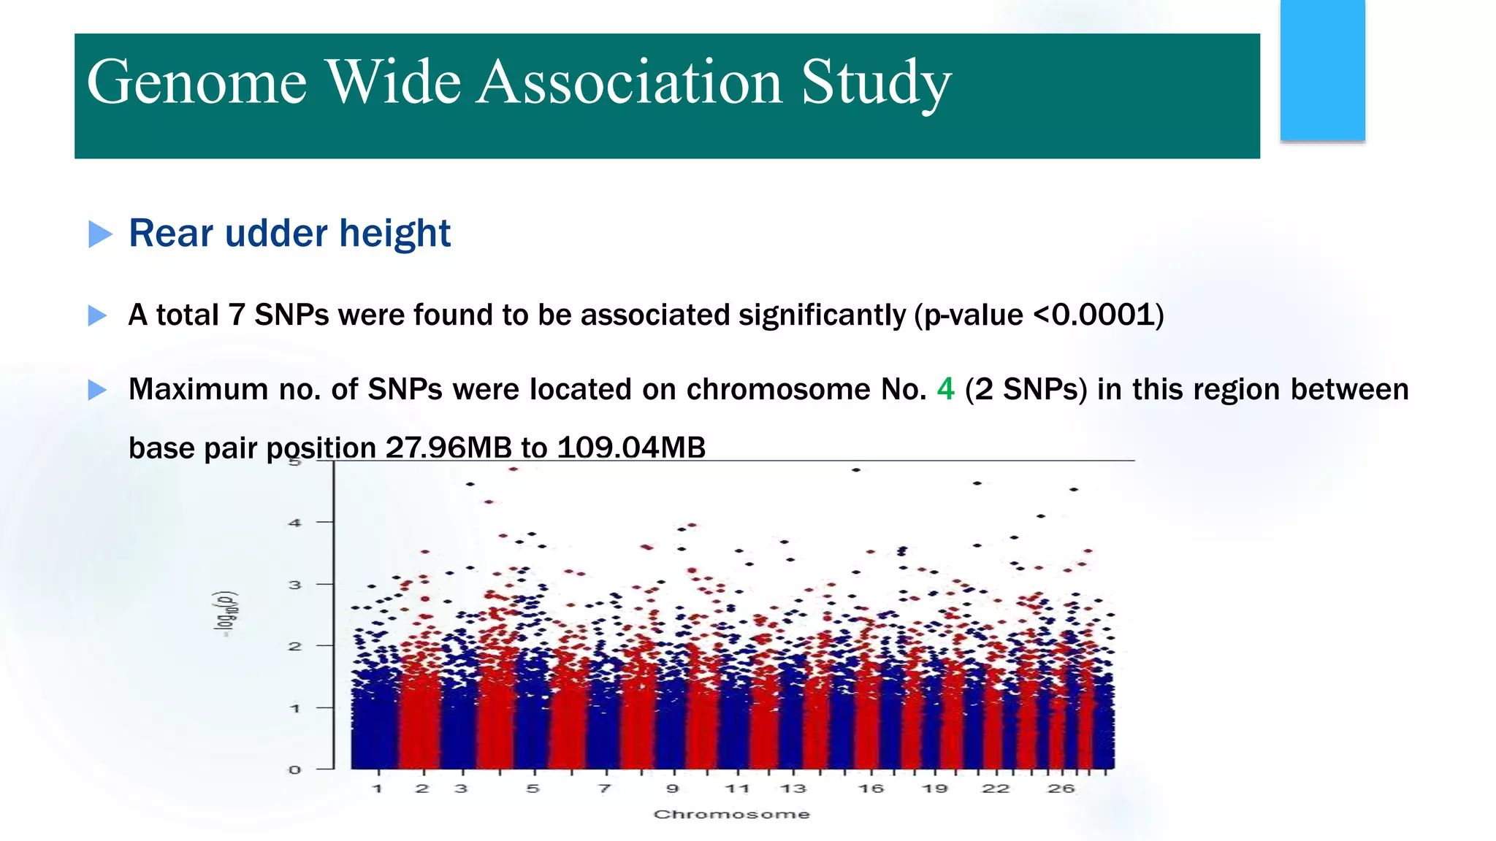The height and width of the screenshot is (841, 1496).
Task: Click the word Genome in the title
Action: [196, 82]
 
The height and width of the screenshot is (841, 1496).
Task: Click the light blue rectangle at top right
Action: [1322, 70]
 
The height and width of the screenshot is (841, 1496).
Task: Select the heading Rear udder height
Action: [289, 234]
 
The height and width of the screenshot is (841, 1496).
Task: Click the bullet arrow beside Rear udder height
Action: [100, 234]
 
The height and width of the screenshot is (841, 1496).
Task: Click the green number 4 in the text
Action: [945, 389]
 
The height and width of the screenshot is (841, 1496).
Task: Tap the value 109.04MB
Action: [631, 448]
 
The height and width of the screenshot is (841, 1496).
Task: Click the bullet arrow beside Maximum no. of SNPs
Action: [97, 390]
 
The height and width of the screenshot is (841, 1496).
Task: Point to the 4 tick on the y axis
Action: [295, 523]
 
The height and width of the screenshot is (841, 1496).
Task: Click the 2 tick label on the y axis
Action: [295, 646]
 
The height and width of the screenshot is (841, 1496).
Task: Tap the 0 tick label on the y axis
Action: [295, 769]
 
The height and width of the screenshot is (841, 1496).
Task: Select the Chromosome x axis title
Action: [731, 814]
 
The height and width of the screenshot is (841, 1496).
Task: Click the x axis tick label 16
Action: [871, 788]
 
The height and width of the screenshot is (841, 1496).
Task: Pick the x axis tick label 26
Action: [1061, 788]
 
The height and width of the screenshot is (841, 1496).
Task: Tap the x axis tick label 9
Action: [673, 788]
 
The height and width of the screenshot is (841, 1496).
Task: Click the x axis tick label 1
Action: [378, 788]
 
